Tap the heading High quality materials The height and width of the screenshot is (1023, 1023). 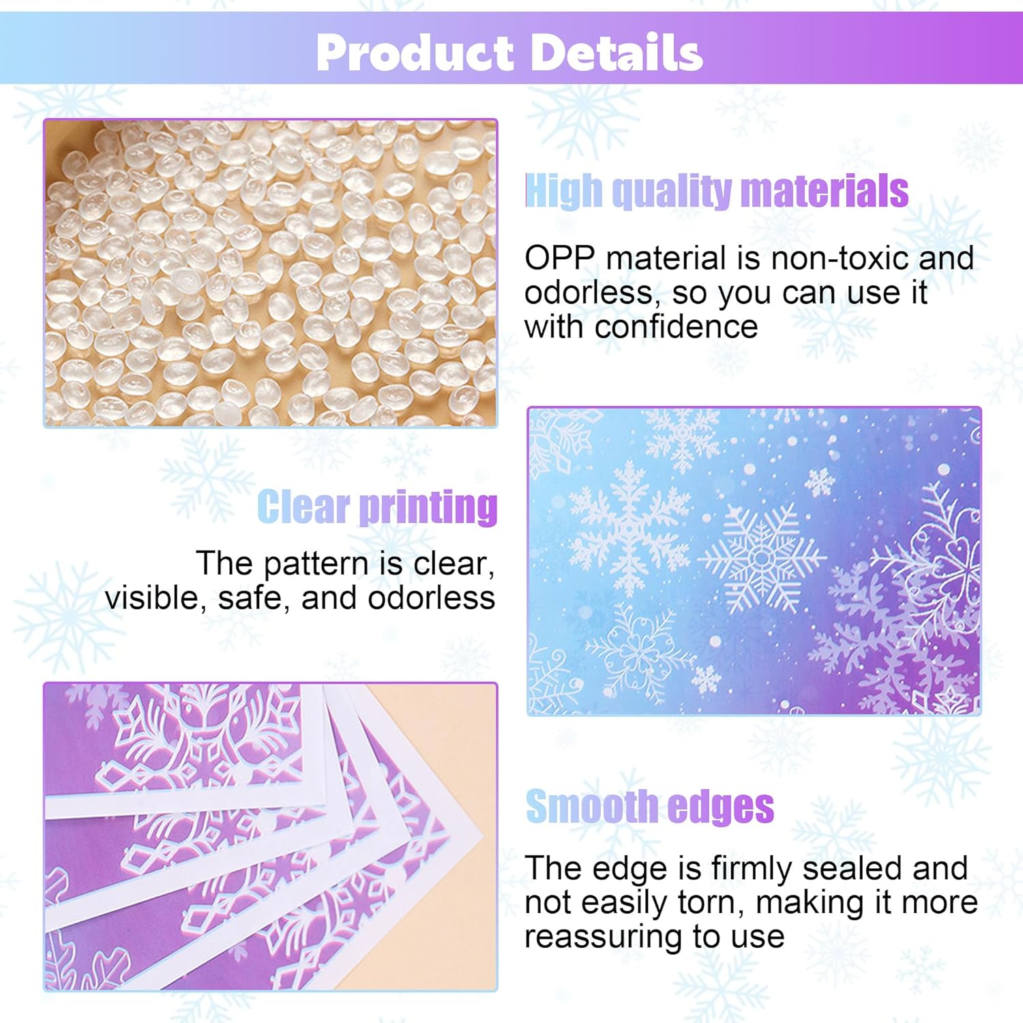pos(716,191)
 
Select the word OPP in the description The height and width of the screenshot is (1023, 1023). pos(559,258)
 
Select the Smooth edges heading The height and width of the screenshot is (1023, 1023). pos(649,807)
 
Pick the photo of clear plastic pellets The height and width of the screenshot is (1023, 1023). pos(271,273)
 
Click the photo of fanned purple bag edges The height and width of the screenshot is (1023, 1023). pos(271,836)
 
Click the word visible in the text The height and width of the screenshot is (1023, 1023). pos(155,598)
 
